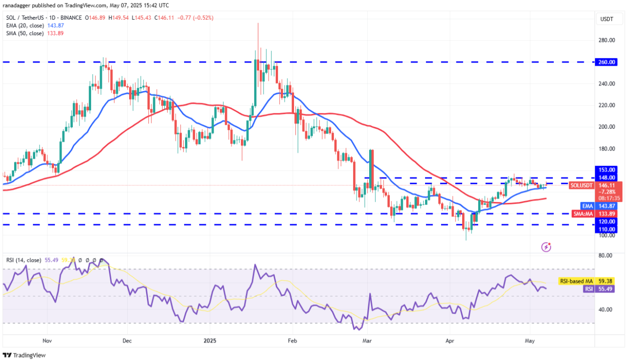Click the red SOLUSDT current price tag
click(x=582, y=185)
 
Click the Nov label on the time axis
click(x=46, y=341)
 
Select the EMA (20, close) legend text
click(x=25, y=25)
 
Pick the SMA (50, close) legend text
click(x=25, y=33)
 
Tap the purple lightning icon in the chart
click(x=546, y=246)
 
